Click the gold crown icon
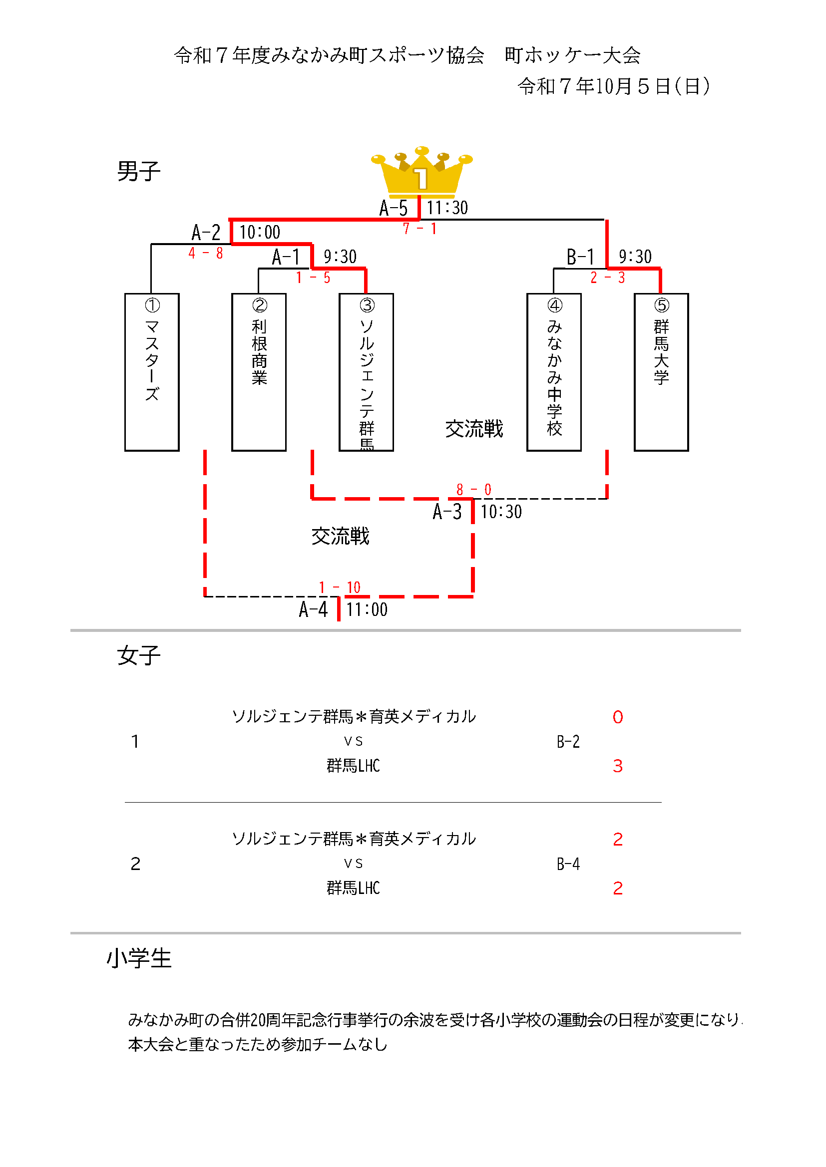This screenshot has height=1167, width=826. [x=421, y=172]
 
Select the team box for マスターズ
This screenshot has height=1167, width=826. [x=152, y=371]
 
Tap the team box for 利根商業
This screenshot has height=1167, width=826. [x=258, y=371]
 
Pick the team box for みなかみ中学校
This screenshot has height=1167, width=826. [x=553, y=371]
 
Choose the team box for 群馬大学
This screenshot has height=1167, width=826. [x=661, y=371]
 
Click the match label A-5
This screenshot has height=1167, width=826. [x=393, y=208]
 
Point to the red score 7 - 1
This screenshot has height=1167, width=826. [x=419, y=229]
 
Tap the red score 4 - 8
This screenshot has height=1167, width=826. [x=205, y=253]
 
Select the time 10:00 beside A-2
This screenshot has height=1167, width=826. [x=260, y=232]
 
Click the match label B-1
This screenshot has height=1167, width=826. [x=580, y=257]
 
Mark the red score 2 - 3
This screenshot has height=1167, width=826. [x=607, y=278]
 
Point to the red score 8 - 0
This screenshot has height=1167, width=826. [x=473, y=490]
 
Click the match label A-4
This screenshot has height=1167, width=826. [x=313, y=609]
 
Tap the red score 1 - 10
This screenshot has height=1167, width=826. [x=339, y=587]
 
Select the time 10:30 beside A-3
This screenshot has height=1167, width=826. [x=501, y=512]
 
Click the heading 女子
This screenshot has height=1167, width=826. [x=138, y=655]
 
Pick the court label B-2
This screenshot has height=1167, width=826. [x=568, y=742]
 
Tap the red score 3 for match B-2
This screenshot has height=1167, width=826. [x=617, y=766]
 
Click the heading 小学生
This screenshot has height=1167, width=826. [x=139, y=958]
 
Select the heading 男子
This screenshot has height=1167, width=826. [x=138, y=171]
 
